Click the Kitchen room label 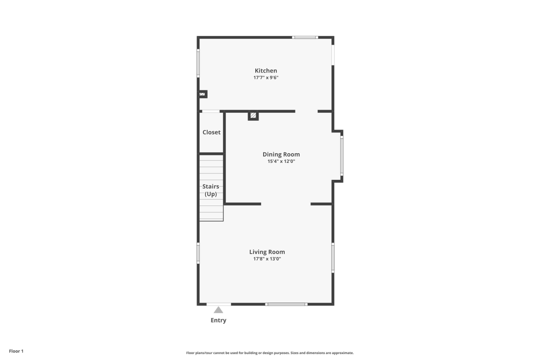point(266,70)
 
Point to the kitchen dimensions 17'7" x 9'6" point(266,78)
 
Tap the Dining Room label point(281,154)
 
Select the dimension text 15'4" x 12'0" point(281,161)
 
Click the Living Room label point(267,252)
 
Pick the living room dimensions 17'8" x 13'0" point(267,259)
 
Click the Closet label point(211,132)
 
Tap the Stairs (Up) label point(211,190)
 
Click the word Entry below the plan point(219,320)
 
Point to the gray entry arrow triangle point(219,310)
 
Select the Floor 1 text point(16,351)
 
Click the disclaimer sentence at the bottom point(270,353)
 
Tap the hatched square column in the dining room point(253,115)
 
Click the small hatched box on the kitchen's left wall point(202,94)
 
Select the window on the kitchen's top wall point(305,38)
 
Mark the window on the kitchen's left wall point(198,63)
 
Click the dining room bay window point(342,155)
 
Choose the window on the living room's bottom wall point(286,304)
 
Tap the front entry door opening point(219,304)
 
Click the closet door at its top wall point(211,111)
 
